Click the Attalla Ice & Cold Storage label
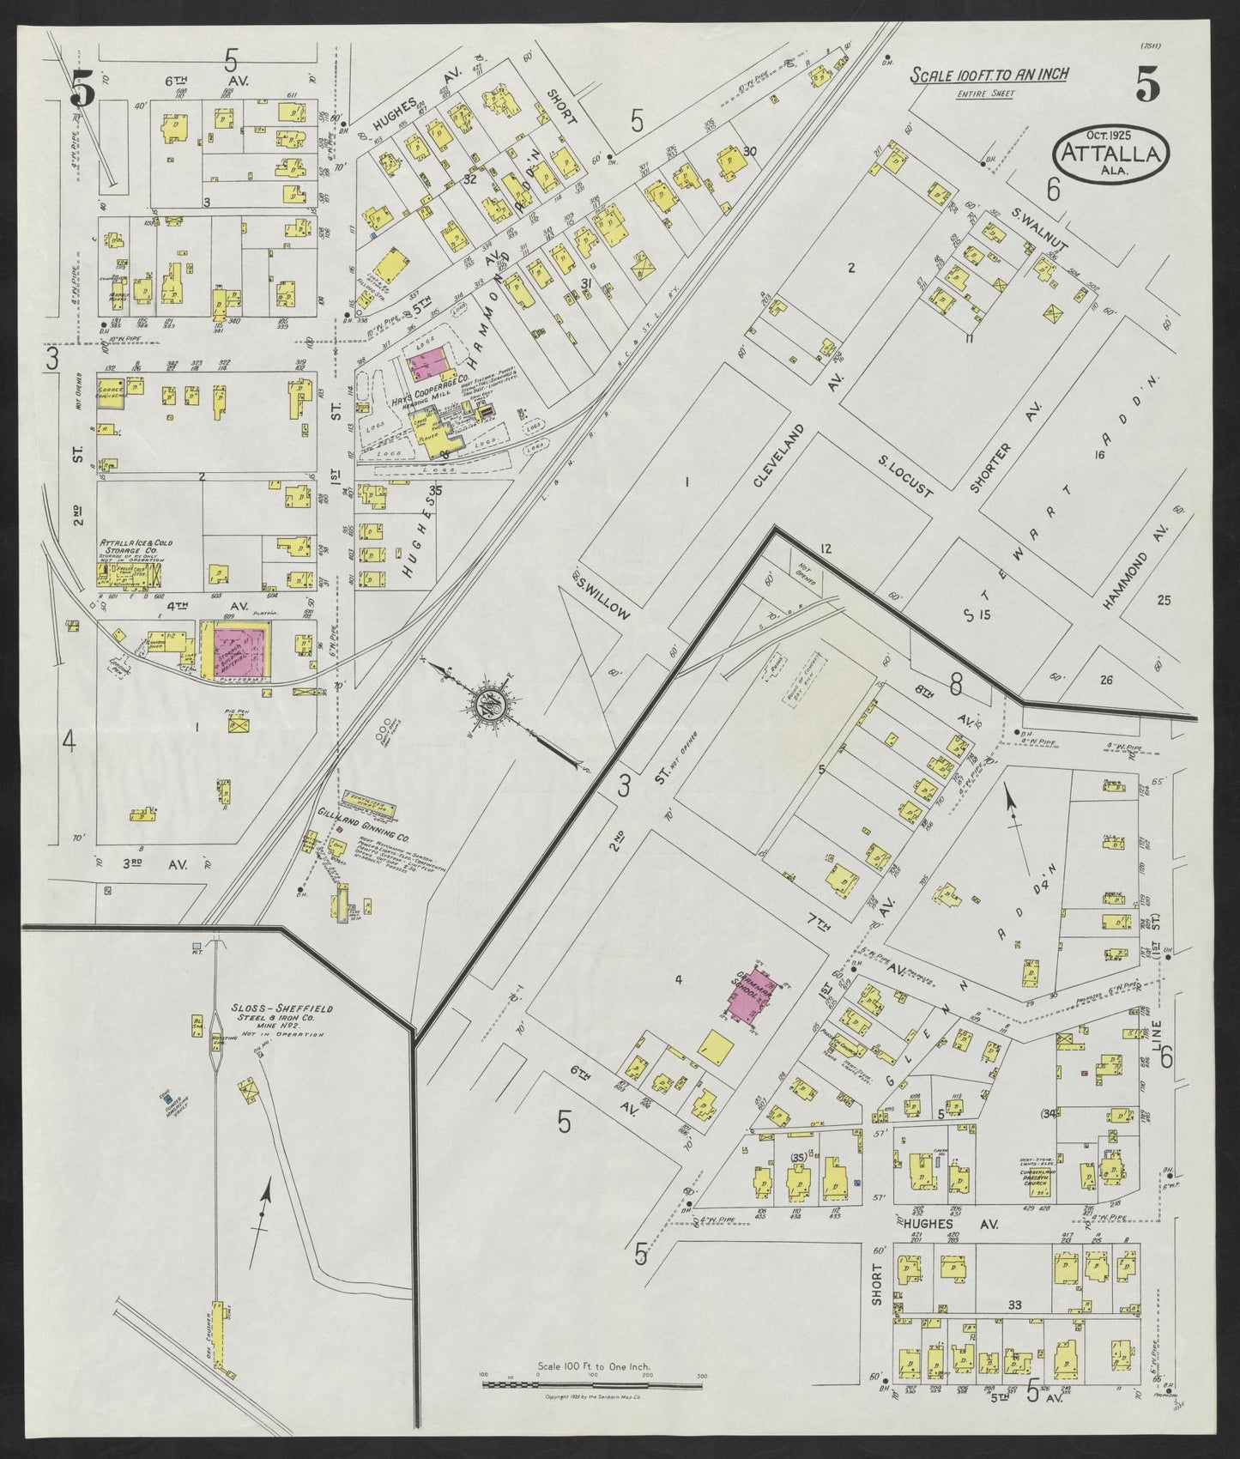tap(130, 547)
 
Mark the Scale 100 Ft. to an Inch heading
tap(989, 76)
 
